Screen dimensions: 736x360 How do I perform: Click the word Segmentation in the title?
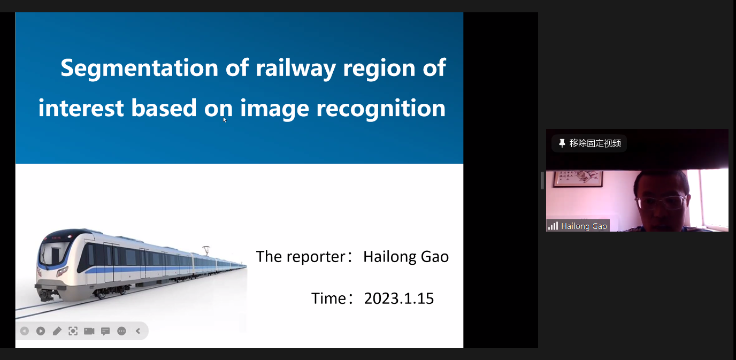pyautogui.click(x=139, y=68)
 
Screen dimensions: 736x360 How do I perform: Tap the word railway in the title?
pyautogui.click(x=296, y=68)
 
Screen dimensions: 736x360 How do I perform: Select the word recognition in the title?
pyautogui.click(x=381, y=109)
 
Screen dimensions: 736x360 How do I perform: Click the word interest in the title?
pyautogui.click(x=81, y=108)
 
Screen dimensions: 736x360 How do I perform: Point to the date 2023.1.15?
pyautogui.click(x=399, y=298)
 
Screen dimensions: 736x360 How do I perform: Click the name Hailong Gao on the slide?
pyautogui.click(x=406, y=257)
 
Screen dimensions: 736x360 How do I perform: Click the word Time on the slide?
pyautogui.click(x=328, y=298)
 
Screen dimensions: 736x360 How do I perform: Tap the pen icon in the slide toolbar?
pyautogui.click(x=57, y=331)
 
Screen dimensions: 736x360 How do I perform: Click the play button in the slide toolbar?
pyautogui.click(x=41, y=331)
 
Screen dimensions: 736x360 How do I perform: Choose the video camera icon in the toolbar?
pyautogui.click(x=89, y=331)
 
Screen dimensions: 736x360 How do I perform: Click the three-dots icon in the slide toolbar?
pyautogui.click(x=121, y=331)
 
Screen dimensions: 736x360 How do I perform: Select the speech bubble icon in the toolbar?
pyautogui.click(x=105, y=331)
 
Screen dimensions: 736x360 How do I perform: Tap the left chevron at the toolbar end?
pyautogui.click(x=138, y=331)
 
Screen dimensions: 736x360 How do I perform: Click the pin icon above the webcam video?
pyautogui.click(x=562, y=143)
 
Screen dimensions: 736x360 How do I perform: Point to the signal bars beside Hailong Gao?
pyautogui.click(x=553, y=226)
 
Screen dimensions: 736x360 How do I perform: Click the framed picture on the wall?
pyautogui.click(x=578, y=179)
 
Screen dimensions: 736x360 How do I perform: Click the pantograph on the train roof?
pyautogui.click(x=206, y=250)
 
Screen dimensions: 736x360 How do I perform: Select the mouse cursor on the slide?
pyautogui.click(x=225, y=120)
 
